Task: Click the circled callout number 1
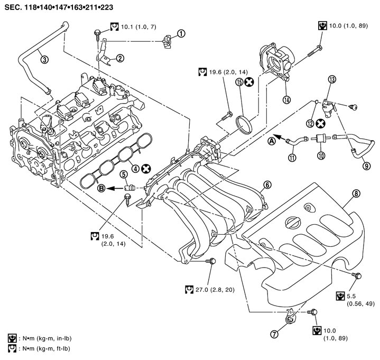pyautogui.click(x=181, y=34)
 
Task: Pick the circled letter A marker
pyautogui.click(x=272, y=141)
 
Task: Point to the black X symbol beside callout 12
pyautogui.click(x=320, y=123)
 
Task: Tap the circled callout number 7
pyautogui.click(x=288, y=332)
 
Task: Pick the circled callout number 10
pyautogui.click(x=319, y=155)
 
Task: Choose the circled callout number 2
pyautogui.click(x=120, y=58)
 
